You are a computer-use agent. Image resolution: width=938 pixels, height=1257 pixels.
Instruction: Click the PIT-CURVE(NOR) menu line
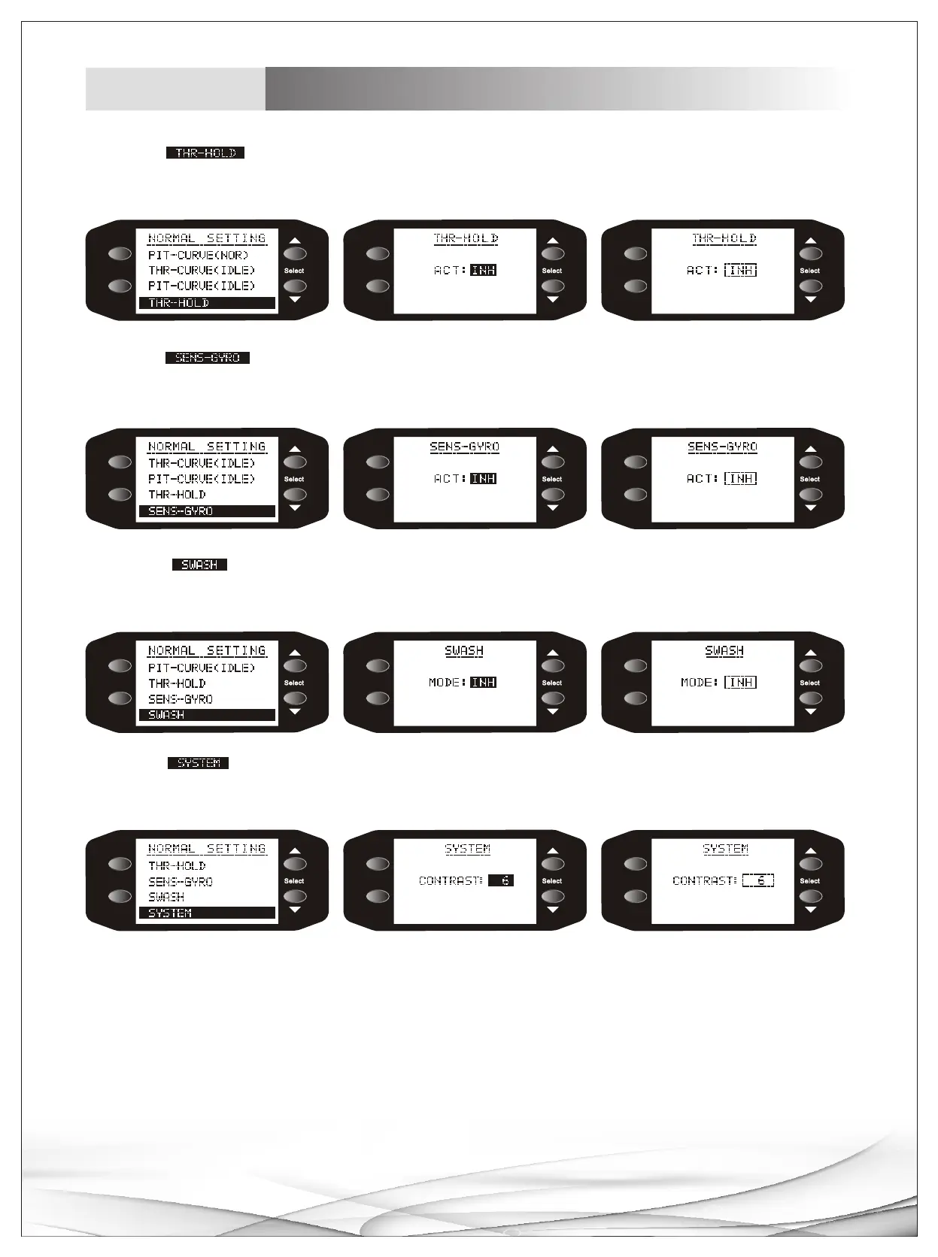[199, 255]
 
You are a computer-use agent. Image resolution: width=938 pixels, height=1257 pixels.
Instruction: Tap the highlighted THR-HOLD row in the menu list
[207, 303]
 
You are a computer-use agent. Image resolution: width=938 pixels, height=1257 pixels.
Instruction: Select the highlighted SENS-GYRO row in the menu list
[207, 511]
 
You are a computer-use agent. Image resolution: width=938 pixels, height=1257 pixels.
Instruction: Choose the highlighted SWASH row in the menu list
[207, 715]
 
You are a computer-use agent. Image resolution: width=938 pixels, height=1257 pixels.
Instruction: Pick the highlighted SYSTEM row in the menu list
[207, 913]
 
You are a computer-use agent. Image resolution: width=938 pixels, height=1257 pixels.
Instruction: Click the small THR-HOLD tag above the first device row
[205, 153]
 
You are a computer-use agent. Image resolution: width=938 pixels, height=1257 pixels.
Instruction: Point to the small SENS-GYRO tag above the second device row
[207, 358]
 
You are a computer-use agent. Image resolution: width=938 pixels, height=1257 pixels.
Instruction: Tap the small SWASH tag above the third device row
[199, 565]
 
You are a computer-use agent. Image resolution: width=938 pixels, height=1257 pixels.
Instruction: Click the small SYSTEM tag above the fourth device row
[198, 763]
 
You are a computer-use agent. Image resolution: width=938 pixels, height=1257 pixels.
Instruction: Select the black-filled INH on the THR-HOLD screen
[483, 270]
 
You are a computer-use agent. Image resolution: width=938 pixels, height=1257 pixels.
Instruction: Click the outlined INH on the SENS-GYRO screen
[741, 478]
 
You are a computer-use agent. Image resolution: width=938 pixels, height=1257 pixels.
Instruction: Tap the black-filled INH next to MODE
[483, 683]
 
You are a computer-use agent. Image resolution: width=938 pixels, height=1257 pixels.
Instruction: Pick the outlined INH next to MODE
[741, 683]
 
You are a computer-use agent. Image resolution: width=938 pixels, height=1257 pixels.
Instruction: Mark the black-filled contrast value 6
[501, 880]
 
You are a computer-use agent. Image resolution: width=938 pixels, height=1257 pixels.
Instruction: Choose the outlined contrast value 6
[758, 880]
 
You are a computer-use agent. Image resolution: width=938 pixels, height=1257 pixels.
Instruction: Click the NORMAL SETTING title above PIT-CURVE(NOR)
[207, 238]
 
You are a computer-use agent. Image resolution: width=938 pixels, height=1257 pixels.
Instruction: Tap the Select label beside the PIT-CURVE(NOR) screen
[294, 271]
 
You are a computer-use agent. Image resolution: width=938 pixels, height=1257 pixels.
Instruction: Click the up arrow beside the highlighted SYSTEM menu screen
[295, 851]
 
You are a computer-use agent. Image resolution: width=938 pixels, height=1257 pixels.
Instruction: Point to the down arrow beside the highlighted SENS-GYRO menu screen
[295, 508]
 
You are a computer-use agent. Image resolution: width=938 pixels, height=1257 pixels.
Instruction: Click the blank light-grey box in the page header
[175, 89]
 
